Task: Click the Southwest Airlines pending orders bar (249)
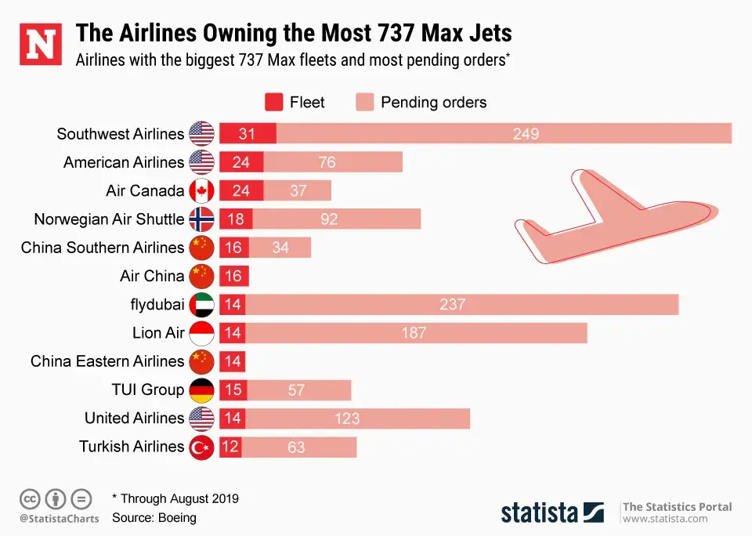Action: tap(504, 134)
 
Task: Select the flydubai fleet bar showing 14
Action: tap(232, 304)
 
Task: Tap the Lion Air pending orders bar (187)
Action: tap(416, 333)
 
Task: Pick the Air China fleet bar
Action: tap(233, 276)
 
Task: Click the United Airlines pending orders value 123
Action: tap(347, 418)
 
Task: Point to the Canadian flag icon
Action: tap(202, 190)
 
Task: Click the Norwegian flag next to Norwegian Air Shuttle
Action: tap(202, 219)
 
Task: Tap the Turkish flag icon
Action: tap(202, 447)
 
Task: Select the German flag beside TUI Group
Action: tap(202, 389)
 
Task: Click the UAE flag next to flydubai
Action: tap(202, 304)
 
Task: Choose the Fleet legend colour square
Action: tap(273, 103)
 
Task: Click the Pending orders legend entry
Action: tap(421, 103)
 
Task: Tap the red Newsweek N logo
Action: tap(40, 45)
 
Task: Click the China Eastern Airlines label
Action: tap(107, 361)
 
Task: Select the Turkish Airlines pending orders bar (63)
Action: tap(298, 447)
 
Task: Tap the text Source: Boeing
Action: tap(154, 518)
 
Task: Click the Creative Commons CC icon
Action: tap(30, 498)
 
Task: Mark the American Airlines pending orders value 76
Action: tap(327, 162)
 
